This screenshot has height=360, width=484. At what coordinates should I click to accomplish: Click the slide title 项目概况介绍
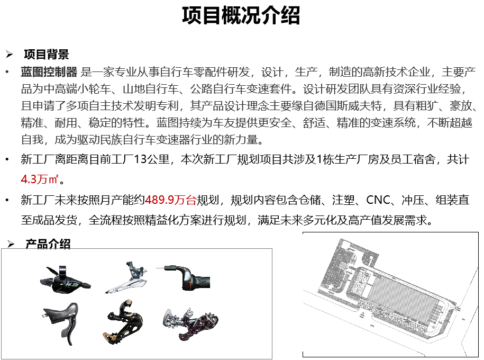[241, 15]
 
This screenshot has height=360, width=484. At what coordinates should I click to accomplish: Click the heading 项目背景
[47, 55]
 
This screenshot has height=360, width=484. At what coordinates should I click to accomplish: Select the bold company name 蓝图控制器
[49, 72]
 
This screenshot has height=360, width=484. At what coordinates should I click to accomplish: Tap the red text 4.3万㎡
[39, 179]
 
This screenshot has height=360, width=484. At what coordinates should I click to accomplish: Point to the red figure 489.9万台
[171, 200]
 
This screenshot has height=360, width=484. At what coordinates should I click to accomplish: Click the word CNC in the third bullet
[378, 200]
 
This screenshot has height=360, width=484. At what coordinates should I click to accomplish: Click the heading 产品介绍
[48, 244]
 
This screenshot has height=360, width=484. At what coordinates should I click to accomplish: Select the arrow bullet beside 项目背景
[10, 55]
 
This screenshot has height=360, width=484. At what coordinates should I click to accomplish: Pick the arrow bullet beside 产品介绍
[11, 244]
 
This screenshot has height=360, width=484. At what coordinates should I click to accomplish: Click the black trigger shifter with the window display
[65, 280]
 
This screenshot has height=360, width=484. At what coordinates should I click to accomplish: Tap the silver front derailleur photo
[127, 278]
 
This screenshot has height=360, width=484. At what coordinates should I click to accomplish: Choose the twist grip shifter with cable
[184, 277]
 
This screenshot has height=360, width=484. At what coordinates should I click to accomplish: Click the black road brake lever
[61, 323]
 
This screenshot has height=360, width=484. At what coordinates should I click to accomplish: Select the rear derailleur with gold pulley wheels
[123, 322]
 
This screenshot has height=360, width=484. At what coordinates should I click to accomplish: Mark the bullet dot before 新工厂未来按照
[7, 200]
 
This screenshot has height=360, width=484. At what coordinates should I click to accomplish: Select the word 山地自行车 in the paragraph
[151, 89]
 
